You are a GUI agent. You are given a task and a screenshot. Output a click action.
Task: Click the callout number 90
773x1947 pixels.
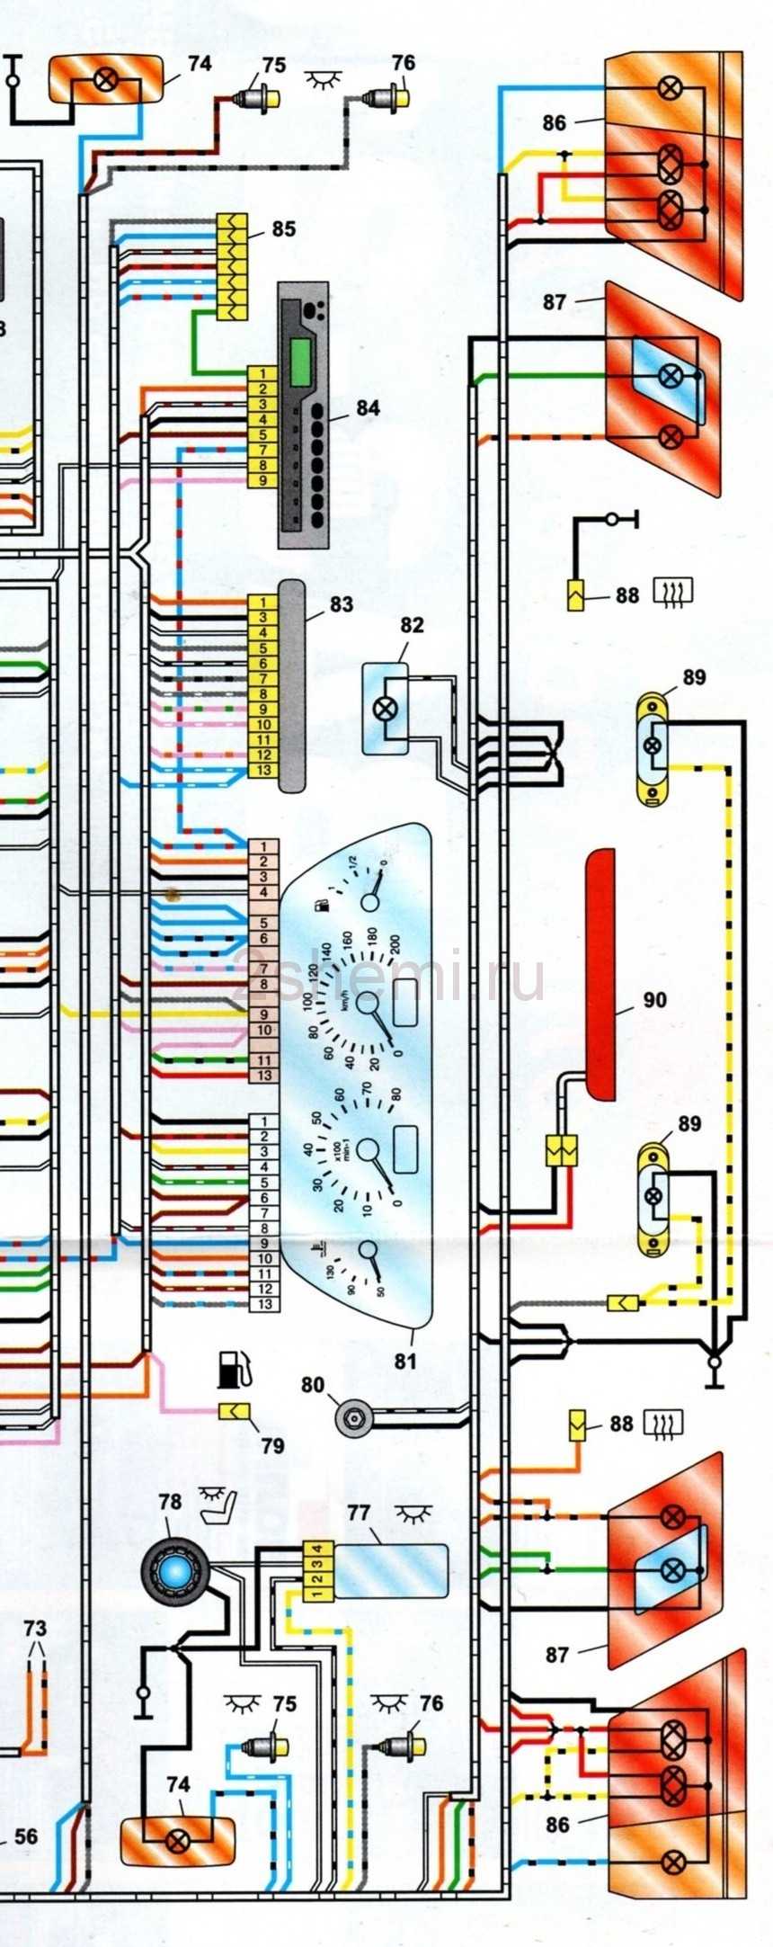[x=655, y=1000]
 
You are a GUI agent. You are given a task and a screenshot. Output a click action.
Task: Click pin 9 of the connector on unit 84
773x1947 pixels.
[x=262, y=480]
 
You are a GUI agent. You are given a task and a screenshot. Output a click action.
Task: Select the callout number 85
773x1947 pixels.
[x=283, y=229]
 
